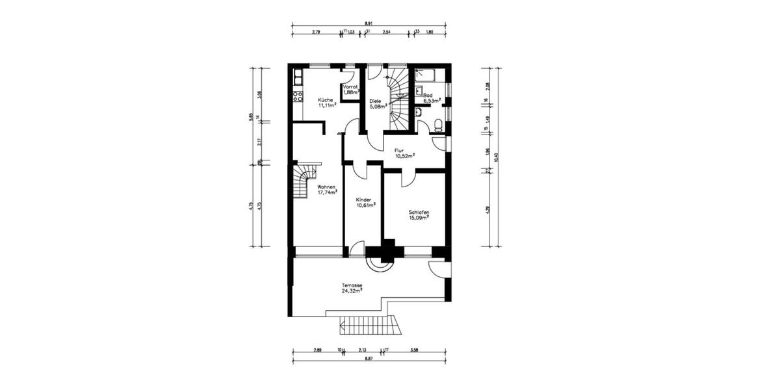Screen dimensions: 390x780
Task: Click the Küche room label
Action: point(326,99)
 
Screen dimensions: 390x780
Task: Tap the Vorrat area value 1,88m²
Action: point(352,93)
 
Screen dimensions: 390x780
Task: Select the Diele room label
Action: point(375,101)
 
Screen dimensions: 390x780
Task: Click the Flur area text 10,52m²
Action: point(405,156)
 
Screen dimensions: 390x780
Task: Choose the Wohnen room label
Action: point(326,187)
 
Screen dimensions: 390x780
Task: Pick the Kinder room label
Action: point(364,200)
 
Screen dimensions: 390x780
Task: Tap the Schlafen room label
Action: point(419,212)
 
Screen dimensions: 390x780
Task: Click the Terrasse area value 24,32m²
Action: point(352,291)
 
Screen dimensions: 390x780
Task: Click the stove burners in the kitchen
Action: point(298,97)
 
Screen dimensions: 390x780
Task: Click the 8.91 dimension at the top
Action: point(369,23)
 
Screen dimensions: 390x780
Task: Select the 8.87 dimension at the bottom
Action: point(369,358)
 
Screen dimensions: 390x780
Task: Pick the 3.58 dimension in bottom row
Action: point(415,351)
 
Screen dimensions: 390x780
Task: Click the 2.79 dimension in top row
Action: point(317,31)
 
